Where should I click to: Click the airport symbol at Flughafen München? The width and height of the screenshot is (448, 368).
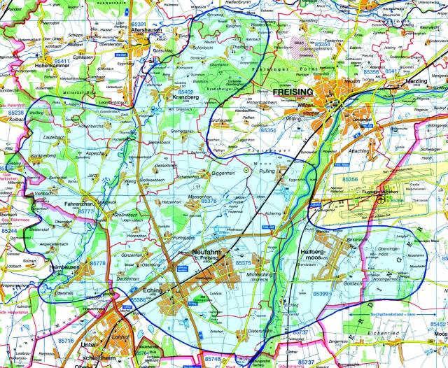click(380, 199)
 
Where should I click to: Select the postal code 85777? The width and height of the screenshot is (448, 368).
click(85, 211)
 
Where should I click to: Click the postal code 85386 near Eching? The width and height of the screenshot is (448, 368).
click(137, 300)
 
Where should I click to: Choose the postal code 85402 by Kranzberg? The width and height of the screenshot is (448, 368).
click(186, 92)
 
